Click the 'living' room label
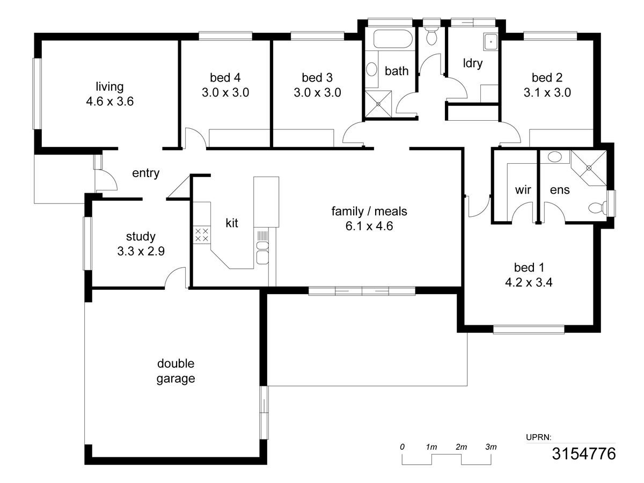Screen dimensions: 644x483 tap(109, 87)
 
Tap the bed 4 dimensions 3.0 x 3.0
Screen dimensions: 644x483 tap(225, 93)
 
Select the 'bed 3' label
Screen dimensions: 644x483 tap(317, 78)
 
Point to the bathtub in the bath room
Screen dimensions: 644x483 tap(393, 39)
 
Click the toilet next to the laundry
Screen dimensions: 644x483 tap(431, 35)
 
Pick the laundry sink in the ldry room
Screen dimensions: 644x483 tap(491, 42)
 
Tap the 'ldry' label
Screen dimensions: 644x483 tap(472, 64)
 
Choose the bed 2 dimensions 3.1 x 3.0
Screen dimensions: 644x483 tap(547, 93)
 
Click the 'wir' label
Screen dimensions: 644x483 tap(523, 190)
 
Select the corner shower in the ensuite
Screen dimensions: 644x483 tap(589, 168)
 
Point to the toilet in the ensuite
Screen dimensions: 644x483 tap(598, 208)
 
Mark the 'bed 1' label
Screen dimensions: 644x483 tap(529, 267)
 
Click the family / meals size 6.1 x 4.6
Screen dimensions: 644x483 tap(369, 226)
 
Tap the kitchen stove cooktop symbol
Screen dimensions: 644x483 tap(202, 235)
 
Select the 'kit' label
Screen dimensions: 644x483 tap(232, 223)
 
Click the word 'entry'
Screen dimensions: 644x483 tap(145, 173)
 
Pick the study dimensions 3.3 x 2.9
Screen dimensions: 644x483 tap(141, 251)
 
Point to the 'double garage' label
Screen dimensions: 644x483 tap(175, 371)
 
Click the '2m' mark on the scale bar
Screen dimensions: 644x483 tap(461, 447)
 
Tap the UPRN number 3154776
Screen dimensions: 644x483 tap(583, 453)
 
